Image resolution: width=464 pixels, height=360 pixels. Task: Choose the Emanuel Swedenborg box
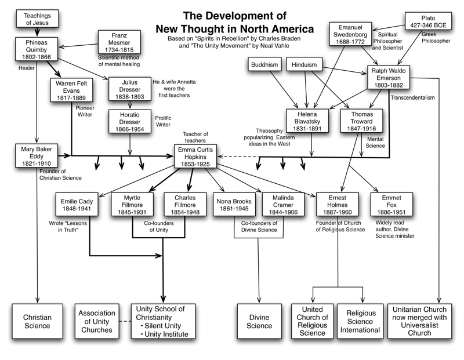pyautogui.click(x=354, y=34)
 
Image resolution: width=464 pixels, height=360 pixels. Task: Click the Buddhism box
pyautogui.click(x=265, y=65)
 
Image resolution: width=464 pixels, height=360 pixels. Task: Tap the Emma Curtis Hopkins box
pyautogui.click(x=197, y=155)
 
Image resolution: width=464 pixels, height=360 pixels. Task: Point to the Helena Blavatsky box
pyautogui.click(x=307, y=120)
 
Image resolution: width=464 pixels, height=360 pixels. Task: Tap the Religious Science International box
pyautogui.click(x=360, y=322)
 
